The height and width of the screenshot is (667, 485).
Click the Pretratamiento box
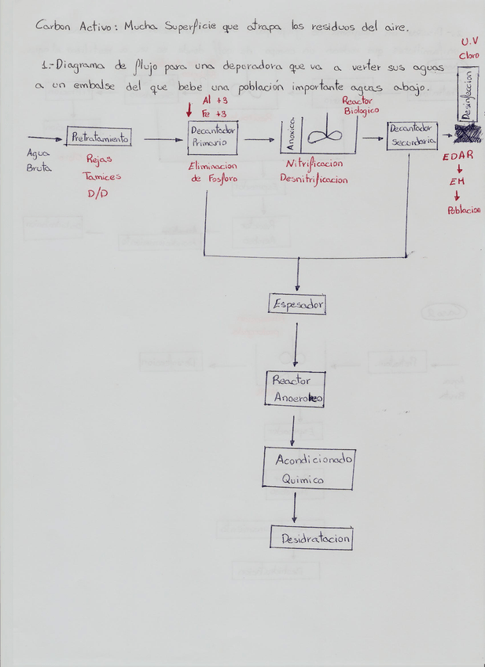(x=99, y=138)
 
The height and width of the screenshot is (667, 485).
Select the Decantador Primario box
(x=212, y=137)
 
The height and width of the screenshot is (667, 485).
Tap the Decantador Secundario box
(x=412, y=137)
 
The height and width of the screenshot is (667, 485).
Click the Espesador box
(x=297, y=304)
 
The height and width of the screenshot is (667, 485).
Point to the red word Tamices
(x=102, y=177)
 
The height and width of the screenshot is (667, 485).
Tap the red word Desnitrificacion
(x=314, y=179)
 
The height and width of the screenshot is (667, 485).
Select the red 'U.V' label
(x=469, y=41)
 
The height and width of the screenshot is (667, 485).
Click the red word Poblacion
(x=464, y=210)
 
